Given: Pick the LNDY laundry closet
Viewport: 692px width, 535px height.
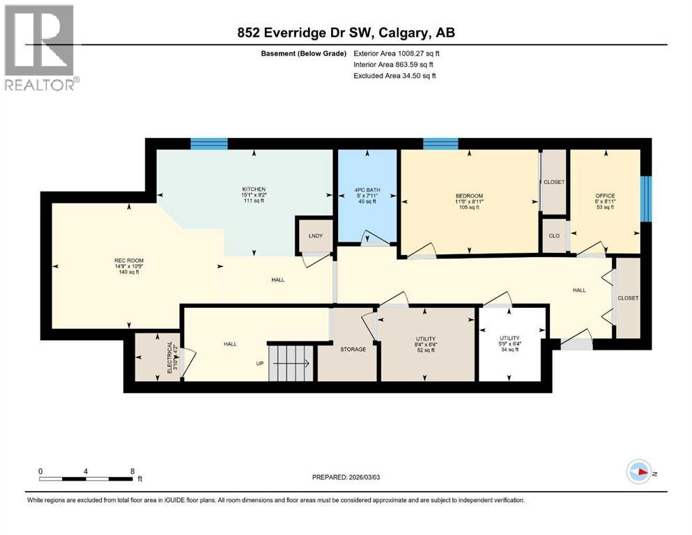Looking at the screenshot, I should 315,235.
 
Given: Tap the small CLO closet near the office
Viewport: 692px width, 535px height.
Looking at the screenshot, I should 554,235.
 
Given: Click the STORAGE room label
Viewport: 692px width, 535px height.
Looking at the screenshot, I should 353,349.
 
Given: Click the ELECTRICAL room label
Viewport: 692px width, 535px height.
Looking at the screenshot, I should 171,357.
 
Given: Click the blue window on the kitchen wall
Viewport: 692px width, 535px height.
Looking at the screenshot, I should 209,144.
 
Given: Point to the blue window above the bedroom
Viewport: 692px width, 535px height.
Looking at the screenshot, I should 440,144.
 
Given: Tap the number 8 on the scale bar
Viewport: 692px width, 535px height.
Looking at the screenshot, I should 132,471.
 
